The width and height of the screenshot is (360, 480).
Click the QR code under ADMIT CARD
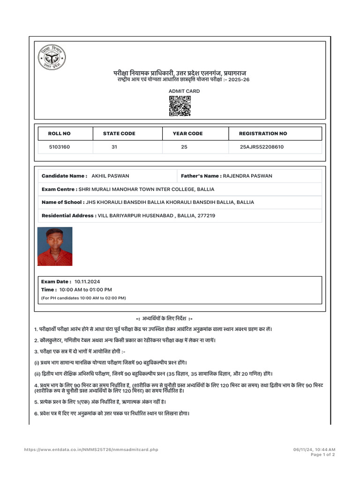(180, 106)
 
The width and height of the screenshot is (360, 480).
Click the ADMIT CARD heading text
(184, 91)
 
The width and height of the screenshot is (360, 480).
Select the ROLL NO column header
(60, 134)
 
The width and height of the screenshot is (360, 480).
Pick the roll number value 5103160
(60, 147)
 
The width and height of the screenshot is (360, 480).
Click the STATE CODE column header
(119, 134)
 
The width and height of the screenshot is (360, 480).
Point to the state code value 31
(114, 147)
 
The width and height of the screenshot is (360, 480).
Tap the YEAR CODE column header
(187, 134)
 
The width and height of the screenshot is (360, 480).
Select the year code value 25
(184, 147)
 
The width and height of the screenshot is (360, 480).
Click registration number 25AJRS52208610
(262, 147)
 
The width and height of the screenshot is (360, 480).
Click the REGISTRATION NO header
(263, 134)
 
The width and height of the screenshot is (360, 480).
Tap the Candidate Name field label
(64, 176)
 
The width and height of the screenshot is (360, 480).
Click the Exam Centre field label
(59, 189)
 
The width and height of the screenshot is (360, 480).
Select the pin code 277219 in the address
(206, 216)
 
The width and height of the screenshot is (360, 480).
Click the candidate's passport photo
(55, 247)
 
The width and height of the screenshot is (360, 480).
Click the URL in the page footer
(91, 450)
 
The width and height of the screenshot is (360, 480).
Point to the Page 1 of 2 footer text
(323, 455)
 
